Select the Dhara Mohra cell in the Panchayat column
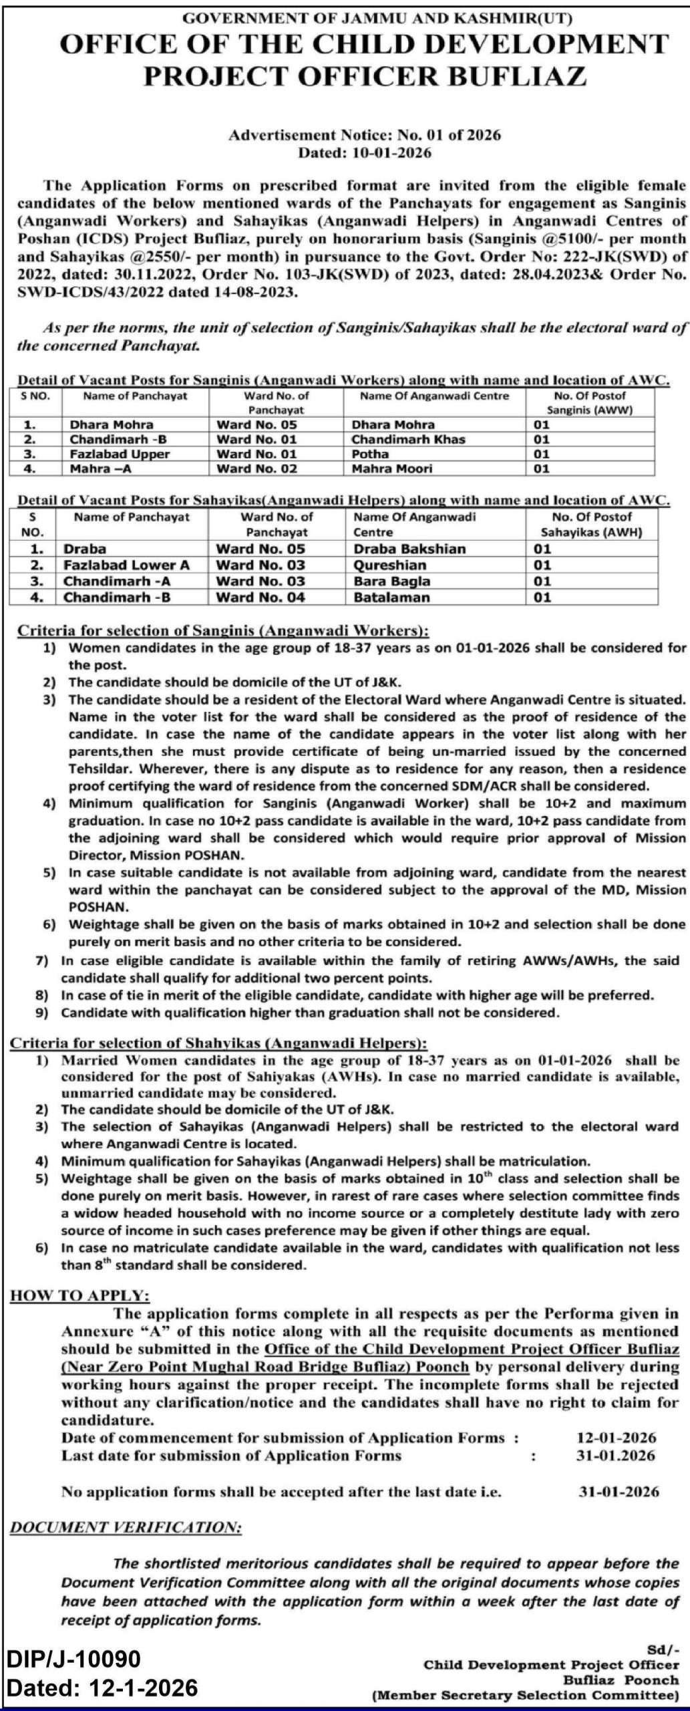coord(111,424)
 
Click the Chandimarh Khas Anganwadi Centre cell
coord(408,439)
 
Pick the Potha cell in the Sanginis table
coord(369,454)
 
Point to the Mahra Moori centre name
coord(391,469)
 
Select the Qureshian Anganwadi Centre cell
coord(389,565)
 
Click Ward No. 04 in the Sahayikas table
coord(261,597)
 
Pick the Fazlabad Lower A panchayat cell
coord(126,565)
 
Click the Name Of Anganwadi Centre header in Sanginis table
coord(434,396)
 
